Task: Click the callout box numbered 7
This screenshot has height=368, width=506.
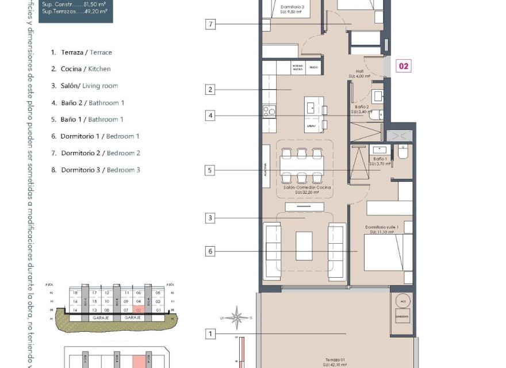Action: coord(212,24)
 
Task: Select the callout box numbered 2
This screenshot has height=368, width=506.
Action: coord(212,90)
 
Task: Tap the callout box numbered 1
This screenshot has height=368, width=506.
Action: coord(212,334)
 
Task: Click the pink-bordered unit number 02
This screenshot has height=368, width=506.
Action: coord(404,66)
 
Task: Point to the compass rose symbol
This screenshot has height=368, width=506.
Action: coord(236,316)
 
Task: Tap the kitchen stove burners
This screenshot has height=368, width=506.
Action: coord(269,111)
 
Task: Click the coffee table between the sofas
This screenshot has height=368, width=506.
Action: coord(304,246)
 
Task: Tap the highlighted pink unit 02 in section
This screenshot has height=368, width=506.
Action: coord(138,309)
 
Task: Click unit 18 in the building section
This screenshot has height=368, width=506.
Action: coord(75,293)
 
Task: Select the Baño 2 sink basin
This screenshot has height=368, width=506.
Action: coord(378,96)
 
